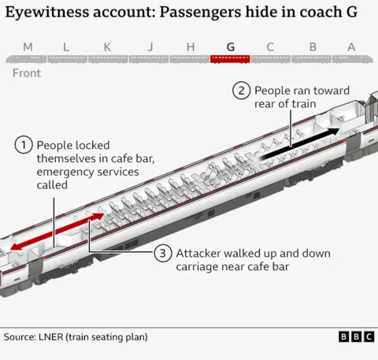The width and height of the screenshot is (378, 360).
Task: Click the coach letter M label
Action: (28, 46)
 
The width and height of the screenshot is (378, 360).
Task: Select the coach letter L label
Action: (66, 46)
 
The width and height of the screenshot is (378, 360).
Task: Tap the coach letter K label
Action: (107, 46)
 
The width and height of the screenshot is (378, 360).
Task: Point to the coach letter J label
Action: (150, 46)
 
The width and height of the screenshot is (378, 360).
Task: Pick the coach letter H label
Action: (190, 46)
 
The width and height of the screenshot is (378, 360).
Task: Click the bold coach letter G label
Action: (230, 46)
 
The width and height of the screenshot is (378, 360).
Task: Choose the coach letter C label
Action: (270, 46)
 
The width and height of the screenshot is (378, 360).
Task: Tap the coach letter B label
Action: (313, 46)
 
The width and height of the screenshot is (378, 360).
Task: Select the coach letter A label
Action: (351, 46)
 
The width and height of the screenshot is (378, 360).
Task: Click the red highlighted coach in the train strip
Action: (230, 58)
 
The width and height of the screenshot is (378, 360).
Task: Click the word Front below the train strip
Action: (27, 74)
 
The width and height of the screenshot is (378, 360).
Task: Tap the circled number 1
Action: (24, 145)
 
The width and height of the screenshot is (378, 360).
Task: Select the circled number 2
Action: (241, 91)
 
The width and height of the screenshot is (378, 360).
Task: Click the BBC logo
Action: (356, 336)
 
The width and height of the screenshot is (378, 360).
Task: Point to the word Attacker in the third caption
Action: (200, 254)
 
